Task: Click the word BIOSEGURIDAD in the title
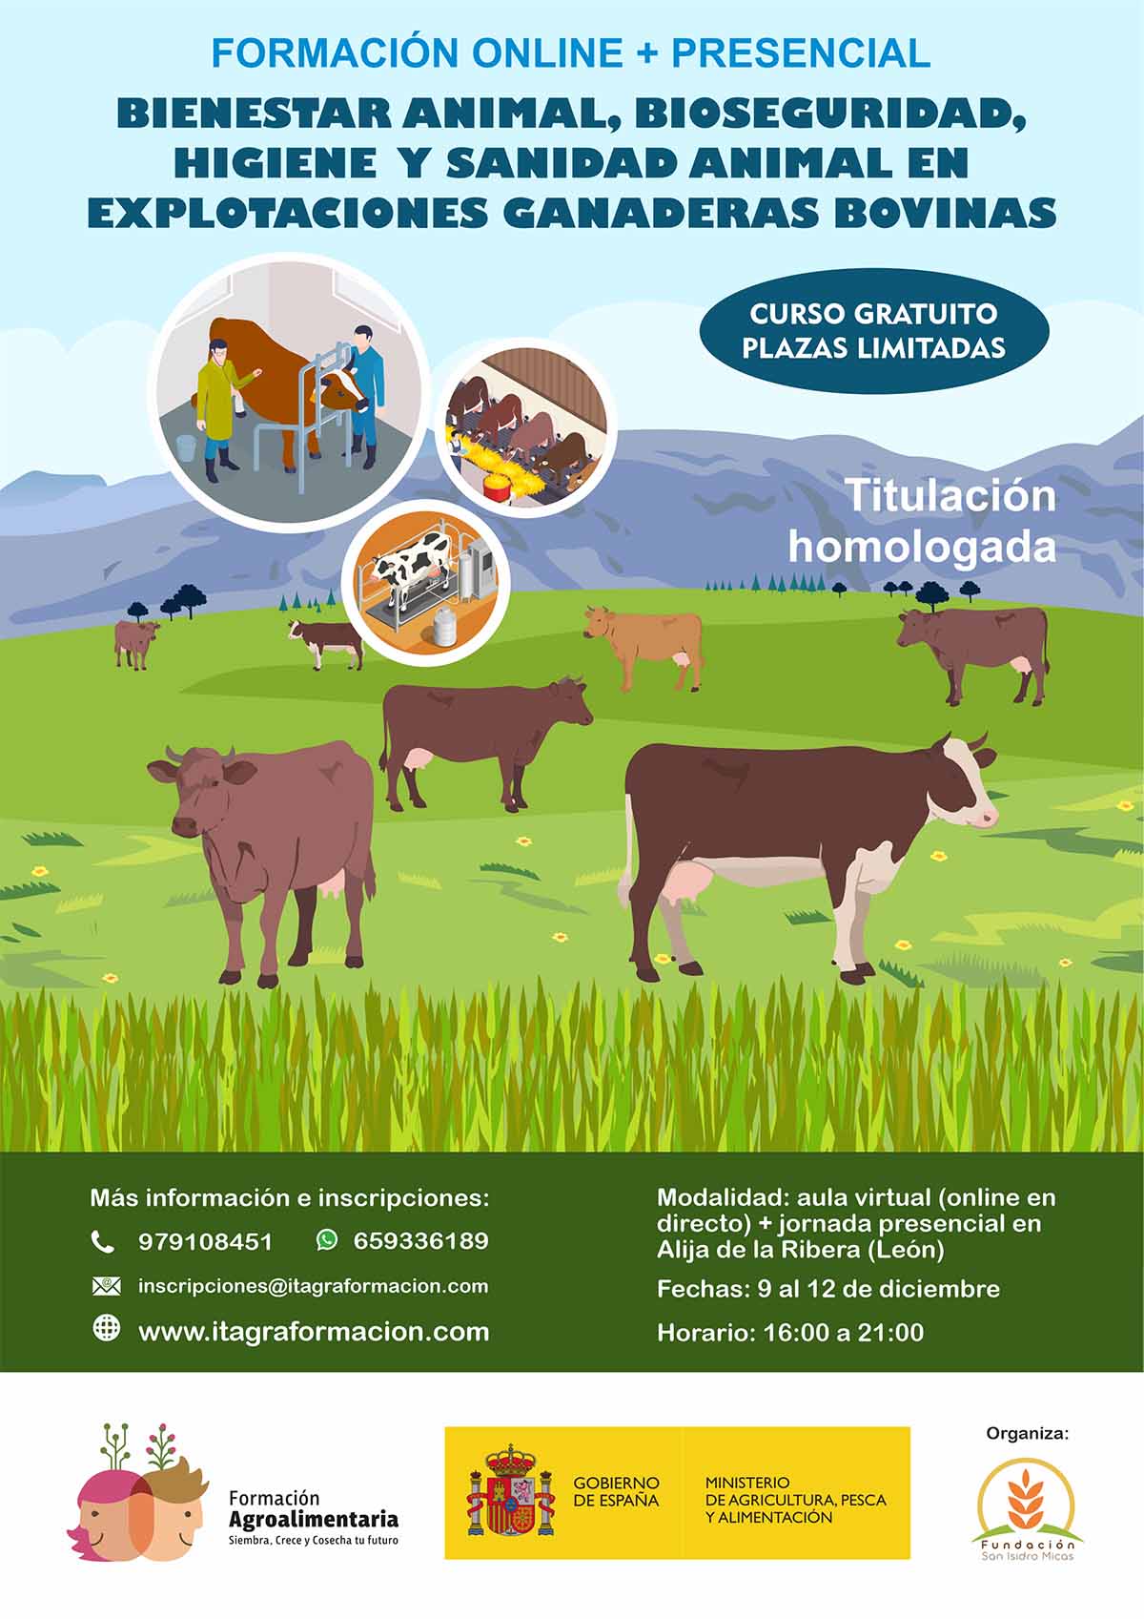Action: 830,115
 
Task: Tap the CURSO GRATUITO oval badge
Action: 874,331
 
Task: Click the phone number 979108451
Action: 205,1242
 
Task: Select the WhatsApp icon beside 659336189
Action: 326,1240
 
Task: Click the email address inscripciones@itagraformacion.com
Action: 313,1286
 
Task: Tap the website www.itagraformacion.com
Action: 314,1331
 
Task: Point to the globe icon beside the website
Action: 106,1328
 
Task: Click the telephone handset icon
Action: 103,1242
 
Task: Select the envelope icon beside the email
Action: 106,1285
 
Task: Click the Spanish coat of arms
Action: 510,1491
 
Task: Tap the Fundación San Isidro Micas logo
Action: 1027,1510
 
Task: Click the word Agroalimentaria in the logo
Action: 314,1519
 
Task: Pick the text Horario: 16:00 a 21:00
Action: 790,1332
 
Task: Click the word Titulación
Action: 950,496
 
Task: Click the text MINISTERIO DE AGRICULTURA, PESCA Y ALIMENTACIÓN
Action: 795,1500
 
